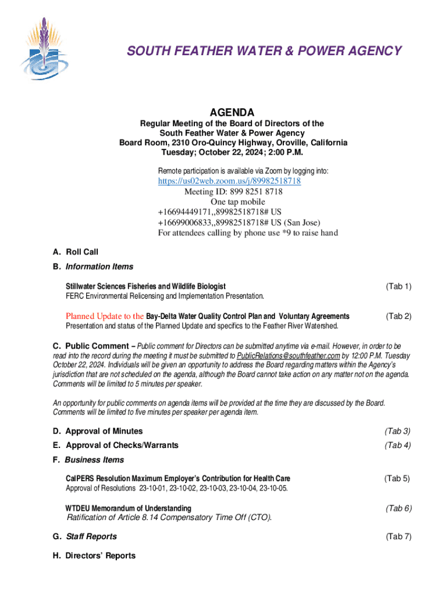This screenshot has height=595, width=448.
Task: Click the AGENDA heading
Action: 232,112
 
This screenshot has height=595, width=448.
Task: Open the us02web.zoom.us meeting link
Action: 229,181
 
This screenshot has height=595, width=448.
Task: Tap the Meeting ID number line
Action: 233,192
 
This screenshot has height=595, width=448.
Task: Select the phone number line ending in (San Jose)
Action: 239,223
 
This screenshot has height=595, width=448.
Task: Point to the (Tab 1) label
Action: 399,286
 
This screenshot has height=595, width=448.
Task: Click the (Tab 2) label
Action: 399,316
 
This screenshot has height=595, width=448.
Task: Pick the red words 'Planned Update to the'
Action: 104,316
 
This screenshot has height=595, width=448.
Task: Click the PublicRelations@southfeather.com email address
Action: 289,356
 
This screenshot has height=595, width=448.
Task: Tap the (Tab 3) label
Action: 398,431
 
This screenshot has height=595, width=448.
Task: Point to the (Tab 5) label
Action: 397,478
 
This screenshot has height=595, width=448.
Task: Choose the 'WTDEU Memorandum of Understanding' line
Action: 128,508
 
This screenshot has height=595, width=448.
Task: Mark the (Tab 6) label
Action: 399,508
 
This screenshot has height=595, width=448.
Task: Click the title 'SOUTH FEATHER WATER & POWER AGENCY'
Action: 264,51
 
